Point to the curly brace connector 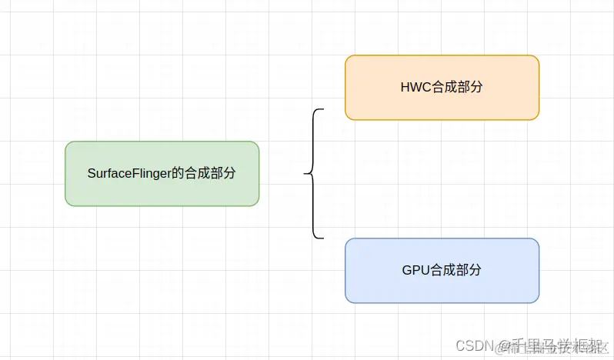(313, 174)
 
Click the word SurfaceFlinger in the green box (123, 174)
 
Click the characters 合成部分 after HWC (457, 88)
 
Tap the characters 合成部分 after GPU (457, 271)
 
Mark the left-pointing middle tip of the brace (305, 174)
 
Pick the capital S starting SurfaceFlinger (92, 174)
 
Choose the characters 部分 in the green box (222, 174)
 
